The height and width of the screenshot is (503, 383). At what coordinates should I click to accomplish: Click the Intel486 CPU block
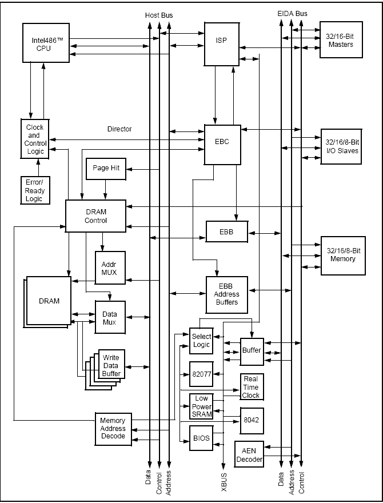pyautogui.click(x=45, y=42)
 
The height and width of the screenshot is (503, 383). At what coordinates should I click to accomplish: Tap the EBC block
pyautogui.click(x=223, y=142)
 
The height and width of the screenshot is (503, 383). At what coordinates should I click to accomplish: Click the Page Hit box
pyautogui.click(x=106, y=169)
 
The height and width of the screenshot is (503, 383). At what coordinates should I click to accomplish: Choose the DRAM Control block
pyautogui.click(x=95, y=216)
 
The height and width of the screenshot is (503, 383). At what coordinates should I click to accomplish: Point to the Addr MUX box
pyautogui.click(x=109, y=268)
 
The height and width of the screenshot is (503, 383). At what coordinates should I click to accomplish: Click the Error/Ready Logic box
pyautogui.click(x=34, y=190)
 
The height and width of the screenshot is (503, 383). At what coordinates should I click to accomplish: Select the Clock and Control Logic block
pyautogui.click(x=34, y=139)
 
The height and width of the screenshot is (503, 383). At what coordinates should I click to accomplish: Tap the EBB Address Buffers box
pyautogui.click(x=227, y=294)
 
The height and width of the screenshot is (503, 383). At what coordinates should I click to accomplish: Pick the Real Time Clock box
pyautogui.click(x=250, y=387)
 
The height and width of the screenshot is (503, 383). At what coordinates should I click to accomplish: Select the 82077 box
pyautogui.click(x=200, y=374)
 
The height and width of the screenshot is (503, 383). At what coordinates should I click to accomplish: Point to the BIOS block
pyautogui.click(x=201, y=439)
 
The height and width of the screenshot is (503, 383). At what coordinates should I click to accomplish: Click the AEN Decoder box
pyautogui.click(x=249, y=456)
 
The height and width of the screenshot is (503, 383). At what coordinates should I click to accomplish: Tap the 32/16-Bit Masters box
pyautogui.click(x=341, y=40)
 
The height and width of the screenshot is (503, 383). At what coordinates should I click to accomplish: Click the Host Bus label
pyautogui.click(x=159, y=14)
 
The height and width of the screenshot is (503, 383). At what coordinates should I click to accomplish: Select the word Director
pyautogui.click(x=119, y=129)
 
